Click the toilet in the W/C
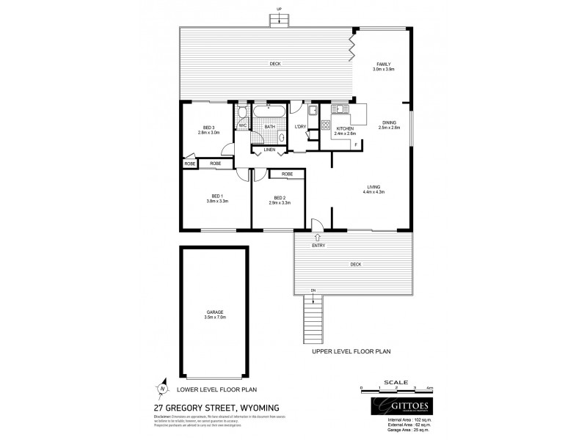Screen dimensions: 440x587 pyautogui.click(x=243, y=114)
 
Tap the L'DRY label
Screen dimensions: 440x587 pyautogui.click(x=299, y=128)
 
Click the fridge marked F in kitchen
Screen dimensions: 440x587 pyautogui.click(x=357, y=145)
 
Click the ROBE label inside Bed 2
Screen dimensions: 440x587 pyautogui.click(x=287, y=174)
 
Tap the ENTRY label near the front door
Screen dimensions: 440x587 pyautogui.click(x=318, y=246)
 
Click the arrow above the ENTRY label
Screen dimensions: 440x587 pyautogui.click(x=318, y=238)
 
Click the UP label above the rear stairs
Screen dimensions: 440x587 pyautogui.click(x=279, y=9)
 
